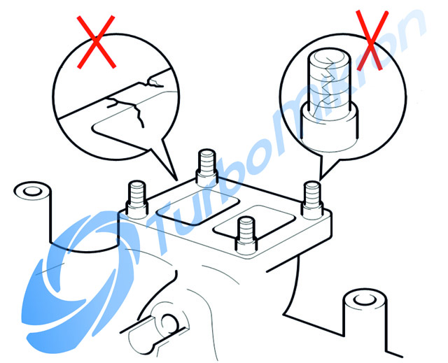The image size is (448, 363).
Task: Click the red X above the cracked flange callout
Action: tap(97, 42)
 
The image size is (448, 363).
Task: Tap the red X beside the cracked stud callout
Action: tap(372, 40)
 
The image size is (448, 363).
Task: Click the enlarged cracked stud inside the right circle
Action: tap(330, 98)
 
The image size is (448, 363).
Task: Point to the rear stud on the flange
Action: tap(207, 168)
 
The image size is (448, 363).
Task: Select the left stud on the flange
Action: tap(137, 200)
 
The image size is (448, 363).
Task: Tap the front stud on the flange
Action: tap(246, 236)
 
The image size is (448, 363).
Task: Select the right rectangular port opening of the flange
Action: tap(255, 222)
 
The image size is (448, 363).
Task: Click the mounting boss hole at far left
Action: tap(32, 191)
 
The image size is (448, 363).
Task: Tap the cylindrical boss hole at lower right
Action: tap(364, 299)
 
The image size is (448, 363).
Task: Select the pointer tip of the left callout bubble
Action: tap(178, 181)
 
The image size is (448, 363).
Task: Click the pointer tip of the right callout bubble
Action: tap(320, 180)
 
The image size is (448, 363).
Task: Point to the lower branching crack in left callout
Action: tap(126, 110)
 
